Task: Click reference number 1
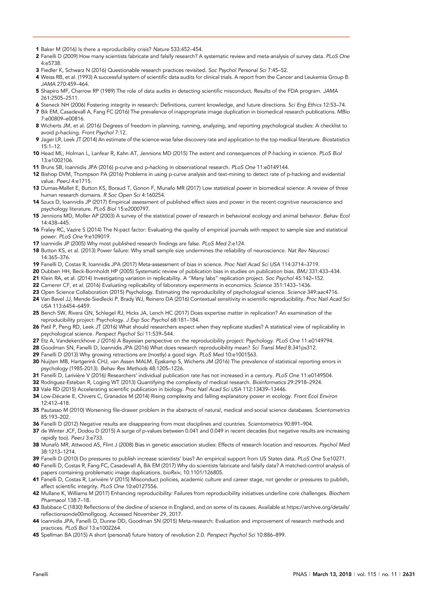tap(37, 49)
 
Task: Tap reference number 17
tap(36, 244)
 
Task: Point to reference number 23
tap(36, 292)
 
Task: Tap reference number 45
tap(36, 535)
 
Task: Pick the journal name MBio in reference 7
tap(343, 112)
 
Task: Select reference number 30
tap(36, 362)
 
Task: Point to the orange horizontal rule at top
tap(191, 37)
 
